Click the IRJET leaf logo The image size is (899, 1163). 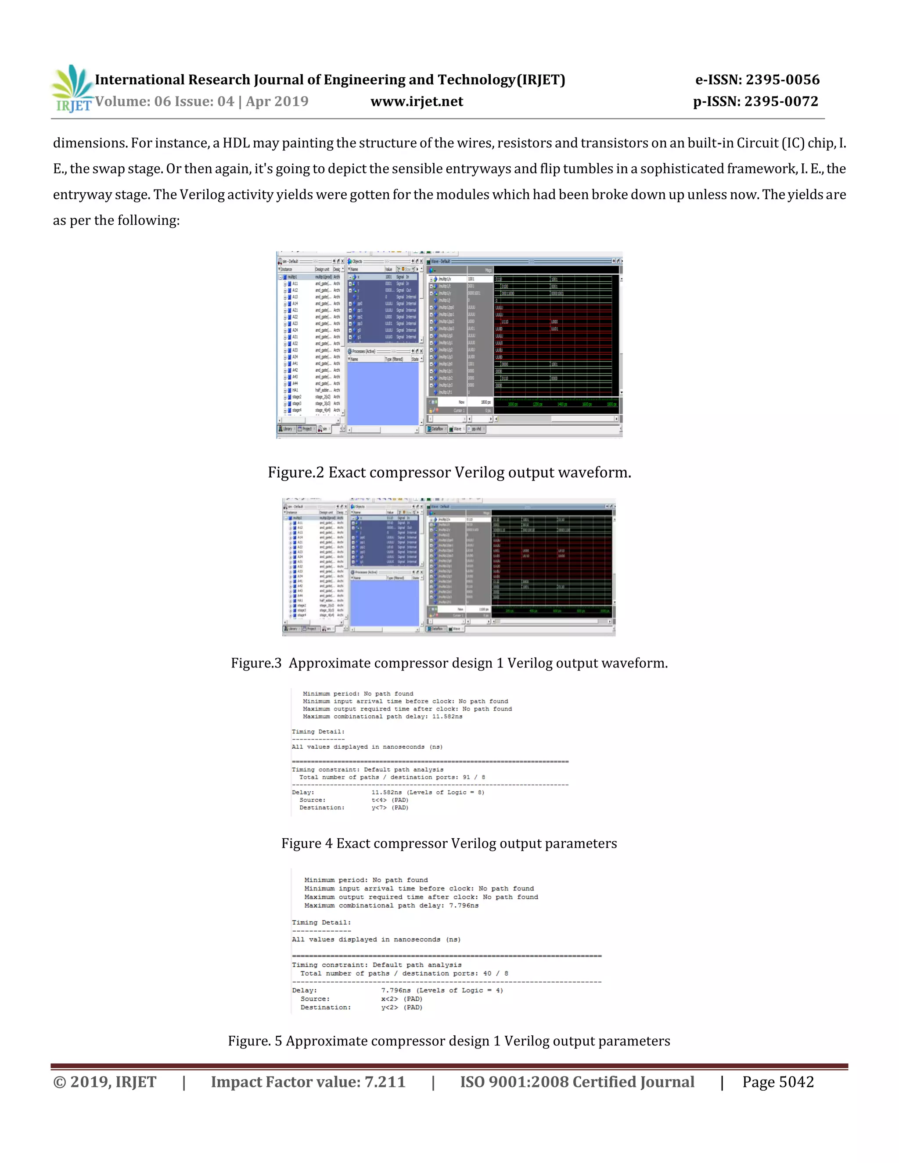coord(72,88)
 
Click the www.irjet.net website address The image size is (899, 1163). coord(417,101)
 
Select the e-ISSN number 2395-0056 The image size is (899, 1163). coord(783,80)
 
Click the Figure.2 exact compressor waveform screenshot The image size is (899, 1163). coord(449,345)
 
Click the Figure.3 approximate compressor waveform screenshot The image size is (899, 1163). coord(449,567)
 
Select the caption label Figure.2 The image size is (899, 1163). coord(295,473)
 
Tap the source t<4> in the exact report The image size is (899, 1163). coord(379,800)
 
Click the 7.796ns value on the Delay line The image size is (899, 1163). coord(396,991)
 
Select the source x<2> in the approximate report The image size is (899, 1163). coord(389,999)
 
